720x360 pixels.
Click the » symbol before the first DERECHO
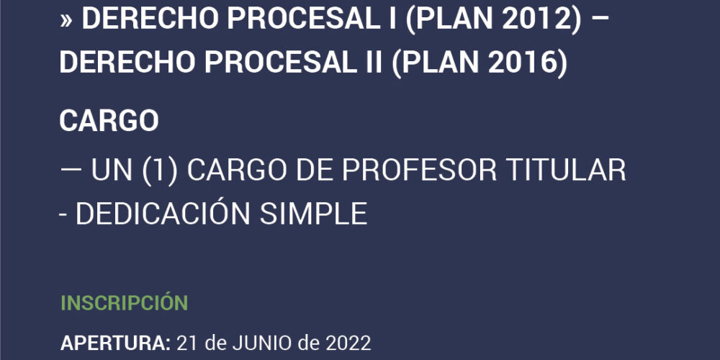(x=66, y=21)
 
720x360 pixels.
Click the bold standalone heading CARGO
(x=109, y=121)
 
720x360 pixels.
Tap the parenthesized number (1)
(x=159, y=171)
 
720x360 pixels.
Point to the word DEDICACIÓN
(x=163, y=214)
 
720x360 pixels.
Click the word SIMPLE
(x=314, y=214)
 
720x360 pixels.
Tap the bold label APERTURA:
(x=116, y=343)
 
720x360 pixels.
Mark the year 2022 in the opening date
(x=348, y=343)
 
